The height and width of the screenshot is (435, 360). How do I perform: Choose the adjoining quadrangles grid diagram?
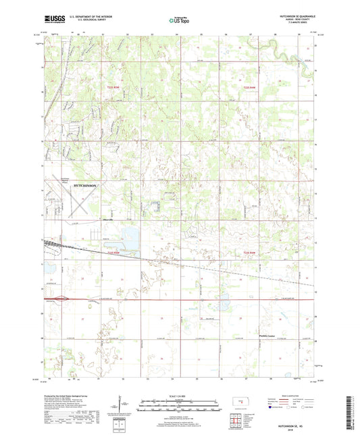coord(238,422)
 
